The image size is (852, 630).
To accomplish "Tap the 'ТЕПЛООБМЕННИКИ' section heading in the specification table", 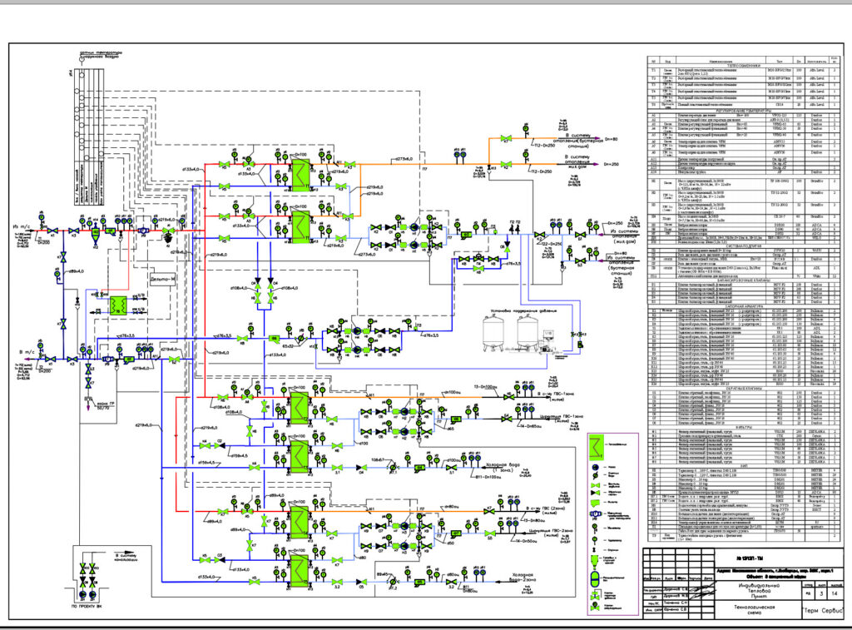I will click(x=739, y=65).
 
